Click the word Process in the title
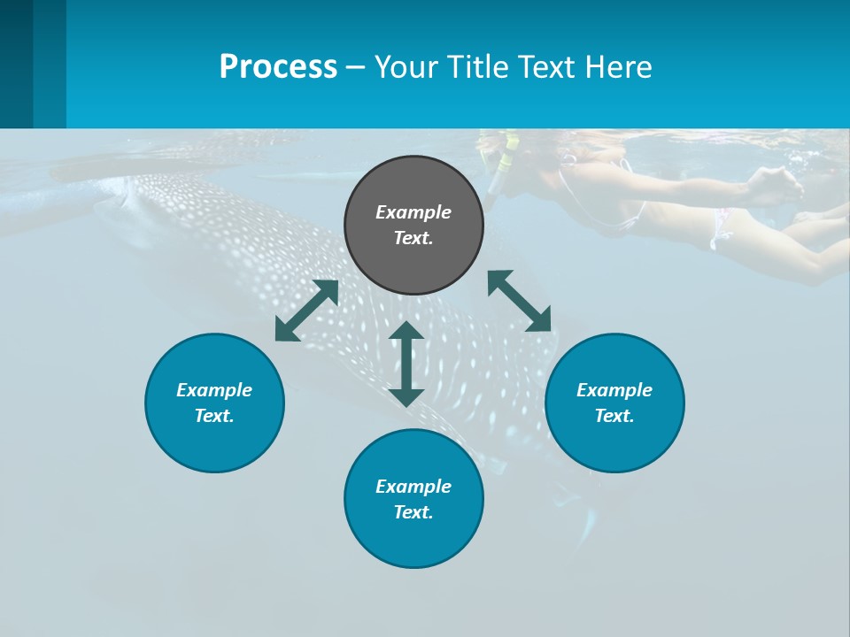(278, 67)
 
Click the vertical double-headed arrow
(406, 364)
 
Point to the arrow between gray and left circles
(306, 311)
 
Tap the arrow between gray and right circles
(520, 301)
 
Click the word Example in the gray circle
(413, 212)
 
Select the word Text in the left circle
(214, 416)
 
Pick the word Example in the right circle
(614, 390)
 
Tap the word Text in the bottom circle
(413, 512)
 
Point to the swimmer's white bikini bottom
(721, 228)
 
